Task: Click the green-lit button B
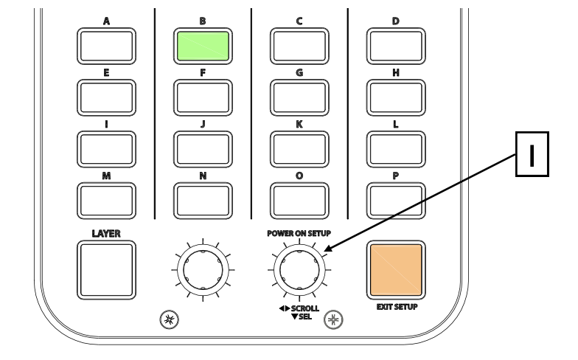click(x=203, y=46)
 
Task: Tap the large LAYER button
click(x=106, y=271)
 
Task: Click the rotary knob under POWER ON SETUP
click(x=299, y=269)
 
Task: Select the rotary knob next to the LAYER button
click(x=203, y=269)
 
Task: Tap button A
click(x=106, y=46)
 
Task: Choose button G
click(x=299, y=97)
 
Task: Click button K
click(x=299, y=148)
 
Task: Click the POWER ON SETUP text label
click(x=299, y=233)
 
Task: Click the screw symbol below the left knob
click(x=168, y=320)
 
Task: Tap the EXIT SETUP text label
click(x=397, y=307)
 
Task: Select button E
click(x=106, y=97)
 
